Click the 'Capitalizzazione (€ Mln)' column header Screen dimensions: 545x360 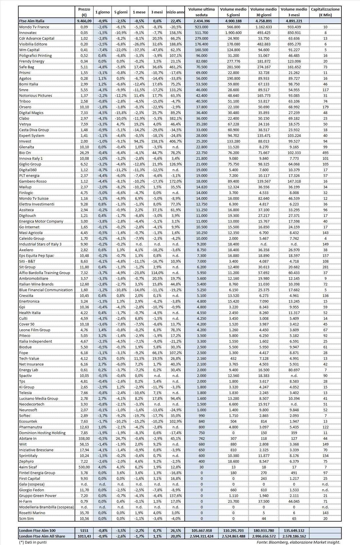(x=325, y=12)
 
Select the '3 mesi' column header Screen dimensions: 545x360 (x=157, y=12)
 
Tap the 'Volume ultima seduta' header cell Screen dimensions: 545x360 (x=201, y=12)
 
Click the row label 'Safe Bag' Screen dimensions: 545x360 (x=27, y=67)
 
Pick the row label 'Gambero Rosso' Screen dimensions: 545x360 (x=33, y=181)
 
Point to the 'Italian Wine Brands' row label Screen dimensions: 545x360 (x=36, y=284)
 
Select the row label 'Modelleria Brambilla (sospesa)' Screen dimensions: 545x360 (x=46, y=507)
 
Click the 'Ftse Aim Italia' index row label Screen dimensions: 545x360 (x=32, y=21)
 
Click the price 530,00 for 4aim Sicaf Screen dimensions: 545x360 (x=84, y=467)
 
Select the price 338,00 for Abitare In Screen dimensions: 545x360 (x=84, y=438)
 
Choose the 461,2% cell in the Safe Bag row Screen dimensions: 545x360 (x=175, y=67)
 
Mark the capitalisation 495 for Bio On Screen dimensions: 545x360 (x=325, y=153)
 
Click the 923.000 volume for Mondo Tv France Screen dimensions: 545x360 (x=201, y=27)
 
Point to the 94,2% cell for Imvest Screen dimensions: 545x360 (x=139, y=141)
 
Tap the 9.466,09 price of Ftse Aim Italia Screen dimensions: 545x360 (x=84, y=21)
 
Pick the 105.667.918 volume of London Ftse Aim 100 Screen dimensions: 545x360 (x=201, y=530)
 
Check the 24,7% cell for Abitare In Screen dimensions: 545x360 (x=121, y=438)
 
